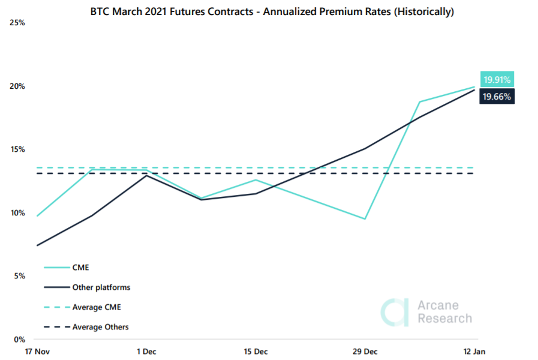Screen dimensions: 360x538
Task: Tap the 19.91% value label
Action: coord(497,80)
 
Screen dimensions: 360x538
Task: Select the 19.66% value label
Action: coord(497,96)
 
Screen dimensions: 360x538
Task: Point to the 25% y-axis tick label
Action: coord(17,23)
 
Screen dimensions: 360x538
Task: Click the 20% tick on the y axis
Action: coord(17,86)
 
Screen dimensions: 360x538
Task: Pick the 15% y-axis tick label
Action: coord(17,149)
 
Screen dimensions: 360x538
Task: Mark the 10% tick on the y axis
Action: coord(17,213)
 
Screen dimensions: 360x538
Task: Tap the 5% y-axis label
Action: coord(19,276)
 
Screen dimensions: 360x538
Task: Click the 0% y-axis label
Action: coord(19,340)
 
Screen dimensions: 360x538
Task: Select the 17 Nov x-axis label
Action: coord(37,350)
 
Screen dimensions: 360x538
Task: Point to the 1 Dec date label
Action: coord(146,350)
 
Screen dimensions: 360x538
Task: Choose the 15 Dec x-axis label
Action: coord(256,350)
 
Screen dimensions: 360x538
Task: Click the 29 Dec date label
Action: coord(366,350)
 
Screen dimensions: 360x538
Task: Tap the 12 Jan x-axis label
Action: coord(475,350)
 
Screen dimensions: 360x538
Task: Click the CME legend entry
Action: coord(80,268)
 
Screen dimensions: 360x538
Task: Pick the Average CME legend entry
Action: coord(97,307)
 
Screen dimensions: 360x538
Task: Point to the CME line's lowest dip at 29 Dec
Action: coord(365,218)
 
